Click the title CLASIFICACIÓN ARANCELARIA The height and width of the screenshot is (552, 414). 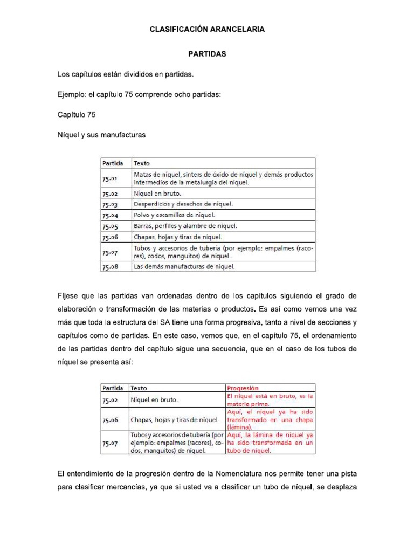[x=207, y=30]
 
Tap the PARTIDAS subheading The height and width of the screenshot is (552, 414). [x=206, y=54]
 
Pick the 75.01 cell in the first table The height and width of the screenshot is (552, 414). [x=109, y=177]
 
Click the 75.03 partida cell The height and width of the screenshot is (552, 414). [x=109, y=204]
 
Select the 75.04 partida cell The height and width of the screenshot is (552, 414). [x=109, y=215]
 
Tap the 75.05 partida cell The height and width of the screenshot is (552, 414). [x=109, y=226]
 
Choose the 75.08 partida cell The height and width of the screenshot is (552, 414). [x=109, y=266]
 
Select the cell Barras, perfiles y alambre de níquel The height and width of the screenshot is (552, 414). [x=185, y=226]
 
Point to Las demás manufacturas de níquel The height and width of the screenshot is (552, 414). [x=184, y=266]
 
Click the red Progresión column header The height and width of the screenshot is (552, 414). [x=243, y=388]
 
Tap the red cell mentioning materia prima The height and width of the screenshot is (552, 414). [x=270, y=399]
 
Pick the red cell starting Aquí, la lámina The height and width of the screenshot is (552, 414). [x=270, y=443]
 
